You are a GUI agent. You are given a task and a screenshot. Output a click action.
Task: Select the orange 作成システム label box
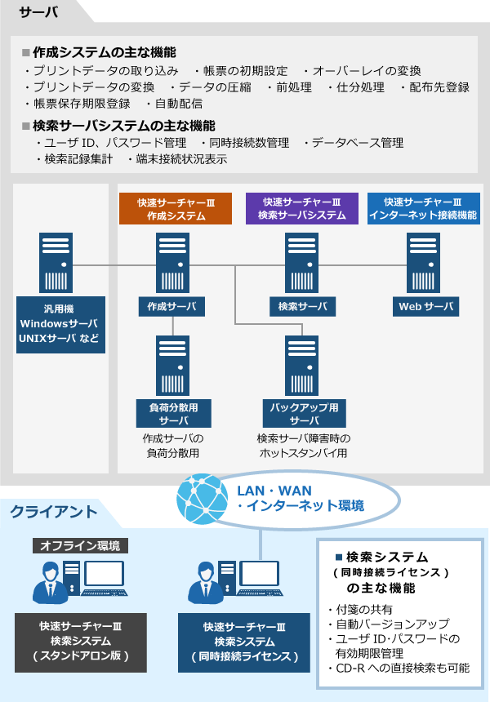[x=171, y=209]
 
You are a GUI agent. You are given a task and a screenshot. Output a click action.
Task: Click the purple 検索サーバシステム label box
[x=302, y=209]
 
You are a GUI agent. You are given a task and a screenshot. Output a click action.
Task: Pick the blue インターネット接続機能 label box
[x=423, y=209]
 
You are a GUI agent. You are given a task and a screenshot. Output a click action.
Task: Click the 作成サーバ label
[x=171, y=307]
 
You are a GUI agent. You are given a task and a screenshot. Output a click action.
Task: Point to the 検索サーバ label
[x=302, y=307]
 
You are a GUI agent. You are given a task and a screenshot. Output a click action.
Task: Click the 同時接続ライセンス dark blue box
[x=244, y=642]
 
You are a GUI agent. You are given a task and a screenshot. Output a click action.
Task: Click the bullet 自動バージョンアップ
[x=381, y=624]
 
